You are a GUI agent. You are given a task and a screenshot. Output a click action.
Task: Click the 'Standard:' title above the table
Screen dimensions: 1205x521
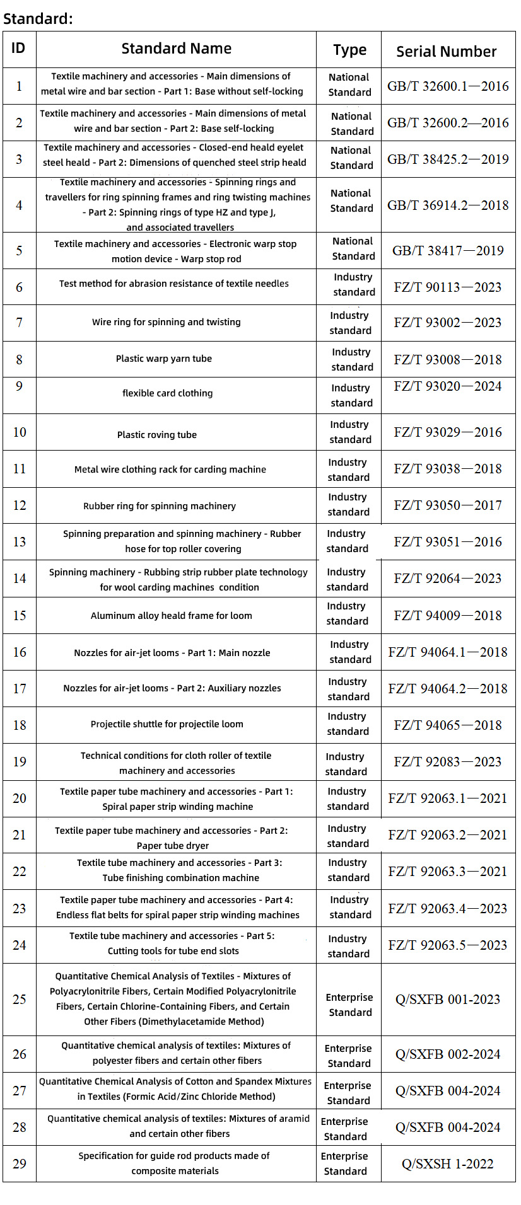click(x=38, y=19)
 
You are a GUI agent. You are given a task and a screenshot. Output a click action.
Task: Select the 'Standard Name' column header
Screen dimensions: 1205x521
click(x=176, y=49)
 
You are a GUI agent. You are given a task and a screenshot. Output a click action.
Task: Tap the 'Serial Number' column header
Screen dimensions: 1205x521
click(x=446, y=52)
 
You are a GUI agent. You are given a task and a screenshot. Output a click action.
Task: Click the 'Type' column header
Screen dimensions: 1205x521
click(x=349, y=50)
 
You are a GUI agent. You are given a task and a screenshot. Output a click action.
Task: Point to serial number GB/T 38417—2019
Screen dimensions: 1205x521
click(x=448, y=251)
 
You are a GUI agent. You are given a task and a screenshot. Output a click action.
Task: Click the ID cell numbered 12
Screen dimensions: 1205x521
click(x=20, y=505)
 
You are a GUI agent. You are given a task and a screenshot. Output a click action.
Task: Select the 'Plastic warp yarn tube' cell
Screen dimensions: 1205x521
click(x=164, y=359)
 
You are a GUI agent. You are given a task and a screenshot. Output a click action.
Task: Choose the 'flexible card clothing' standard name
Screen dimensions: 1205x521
click(x=167, y=393)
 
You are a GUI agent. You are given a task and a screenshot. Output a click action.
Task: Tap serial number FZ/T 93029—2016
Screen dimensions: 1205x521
click(x=448, y=432)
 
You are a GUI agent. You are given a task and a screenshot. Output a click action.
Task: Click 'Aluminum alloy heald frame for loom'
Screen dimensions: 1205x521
click(x=171, y=616)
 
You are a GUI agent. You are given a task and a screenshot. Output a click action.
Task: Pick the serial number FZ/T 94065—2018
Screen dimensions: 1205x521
click(x=448, y=725)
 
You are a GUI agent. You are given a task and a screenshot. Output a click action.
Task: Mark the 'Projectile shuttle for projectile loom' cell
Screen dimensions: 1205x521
click(x=167, y=724)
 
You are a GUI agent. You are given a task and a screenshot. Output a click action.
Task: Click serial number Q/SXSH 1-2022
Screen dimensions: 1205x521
click(x=448, y=1164)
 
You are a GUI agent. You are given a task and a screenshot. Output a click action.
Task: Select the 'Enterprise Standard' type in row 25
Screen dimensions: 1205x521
click(x=349, y=1005)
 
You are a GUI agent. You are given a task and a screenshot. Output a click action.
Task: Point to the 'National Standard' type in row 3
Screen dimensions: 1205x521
click(x=351, y=158)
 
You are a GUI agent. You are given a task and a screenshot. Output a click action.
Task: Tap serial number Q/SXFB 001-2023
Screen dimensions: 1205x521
click(x=448, y=1000)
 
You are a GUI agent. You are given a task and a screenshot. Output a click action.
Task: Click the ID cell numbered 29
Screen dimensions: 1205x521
click(x=20, y=1163)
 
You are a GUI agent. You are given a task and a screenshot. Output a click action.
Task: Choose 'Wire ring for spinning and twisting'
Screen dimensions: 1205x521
click(x=167, y=322)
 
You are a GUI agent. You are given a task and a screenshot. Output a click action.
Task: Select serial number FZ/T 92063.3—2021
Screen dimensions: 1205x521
click(x=448, y=872)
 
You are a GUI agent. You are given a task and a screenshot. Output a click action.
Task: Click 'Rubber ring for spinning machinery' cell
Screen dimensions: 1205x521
click(x=160, y=506)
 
